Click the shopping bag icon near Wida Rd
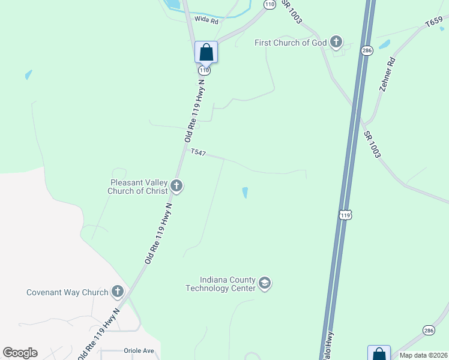(206, 52)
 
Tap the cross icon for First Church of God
(337, 42)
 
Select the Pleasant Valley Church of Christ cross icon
(176, 186)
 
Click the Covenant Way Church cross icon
(118, 292)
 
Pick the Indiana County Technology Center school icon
(265, 283)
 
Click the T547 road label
(198, 153)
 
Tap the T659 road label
(434, 23)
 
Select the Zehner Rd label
(387, 74)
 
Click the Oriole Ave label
(139, 350)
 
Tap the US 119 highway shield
(345, 214)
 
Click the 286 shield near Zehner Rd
(367, 51)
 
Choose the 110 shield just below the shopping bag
(205, 70)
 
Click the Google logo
(20, 353)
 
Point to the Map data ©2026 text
(423, 355)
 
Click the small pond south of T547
(245, 193)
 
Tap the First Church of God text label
(291, 42)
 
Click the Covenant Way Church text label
(67, 293)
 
